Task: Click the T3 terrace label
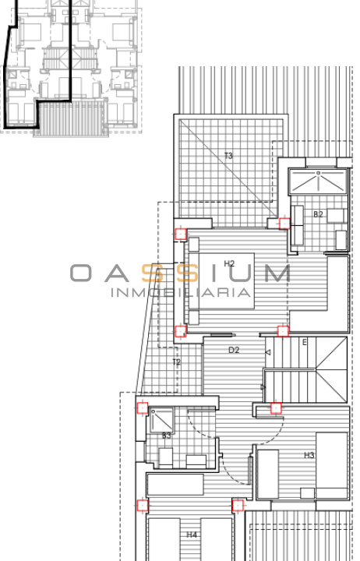click(x=228, y=156)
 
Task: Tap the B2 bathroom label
click(x=318, y=214)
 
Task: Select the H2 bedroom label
click(x=229, y=263)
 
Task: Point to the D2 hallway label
click(x=234, y=350)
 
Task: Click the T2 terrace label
click(x=176, y=362)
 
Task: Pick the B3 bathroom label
click(x=167, y=436)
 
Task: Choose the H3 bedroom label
click(x=309, y=455)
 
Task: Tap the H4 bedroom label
click(x=192, y=535)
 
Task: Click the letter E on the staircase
click(x=305, y=342)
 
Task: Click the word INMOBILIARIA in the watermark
click(x=180, y=292)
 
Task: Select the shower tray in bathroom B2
click(x=318, y=182)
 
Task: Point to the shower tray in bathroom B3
click(x=161, y=420)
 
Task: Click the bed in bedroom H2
click(x=221, y=280)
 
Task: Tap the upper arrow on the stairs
click(x=268, y=352)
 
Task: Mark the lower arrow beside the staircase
click(x=263, y=387)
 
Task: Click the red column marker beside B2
click(x=284, y=224)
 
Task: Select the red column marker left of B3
click(x=143, y=408)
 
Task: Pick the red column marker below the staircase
click(x=276, y=408)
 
